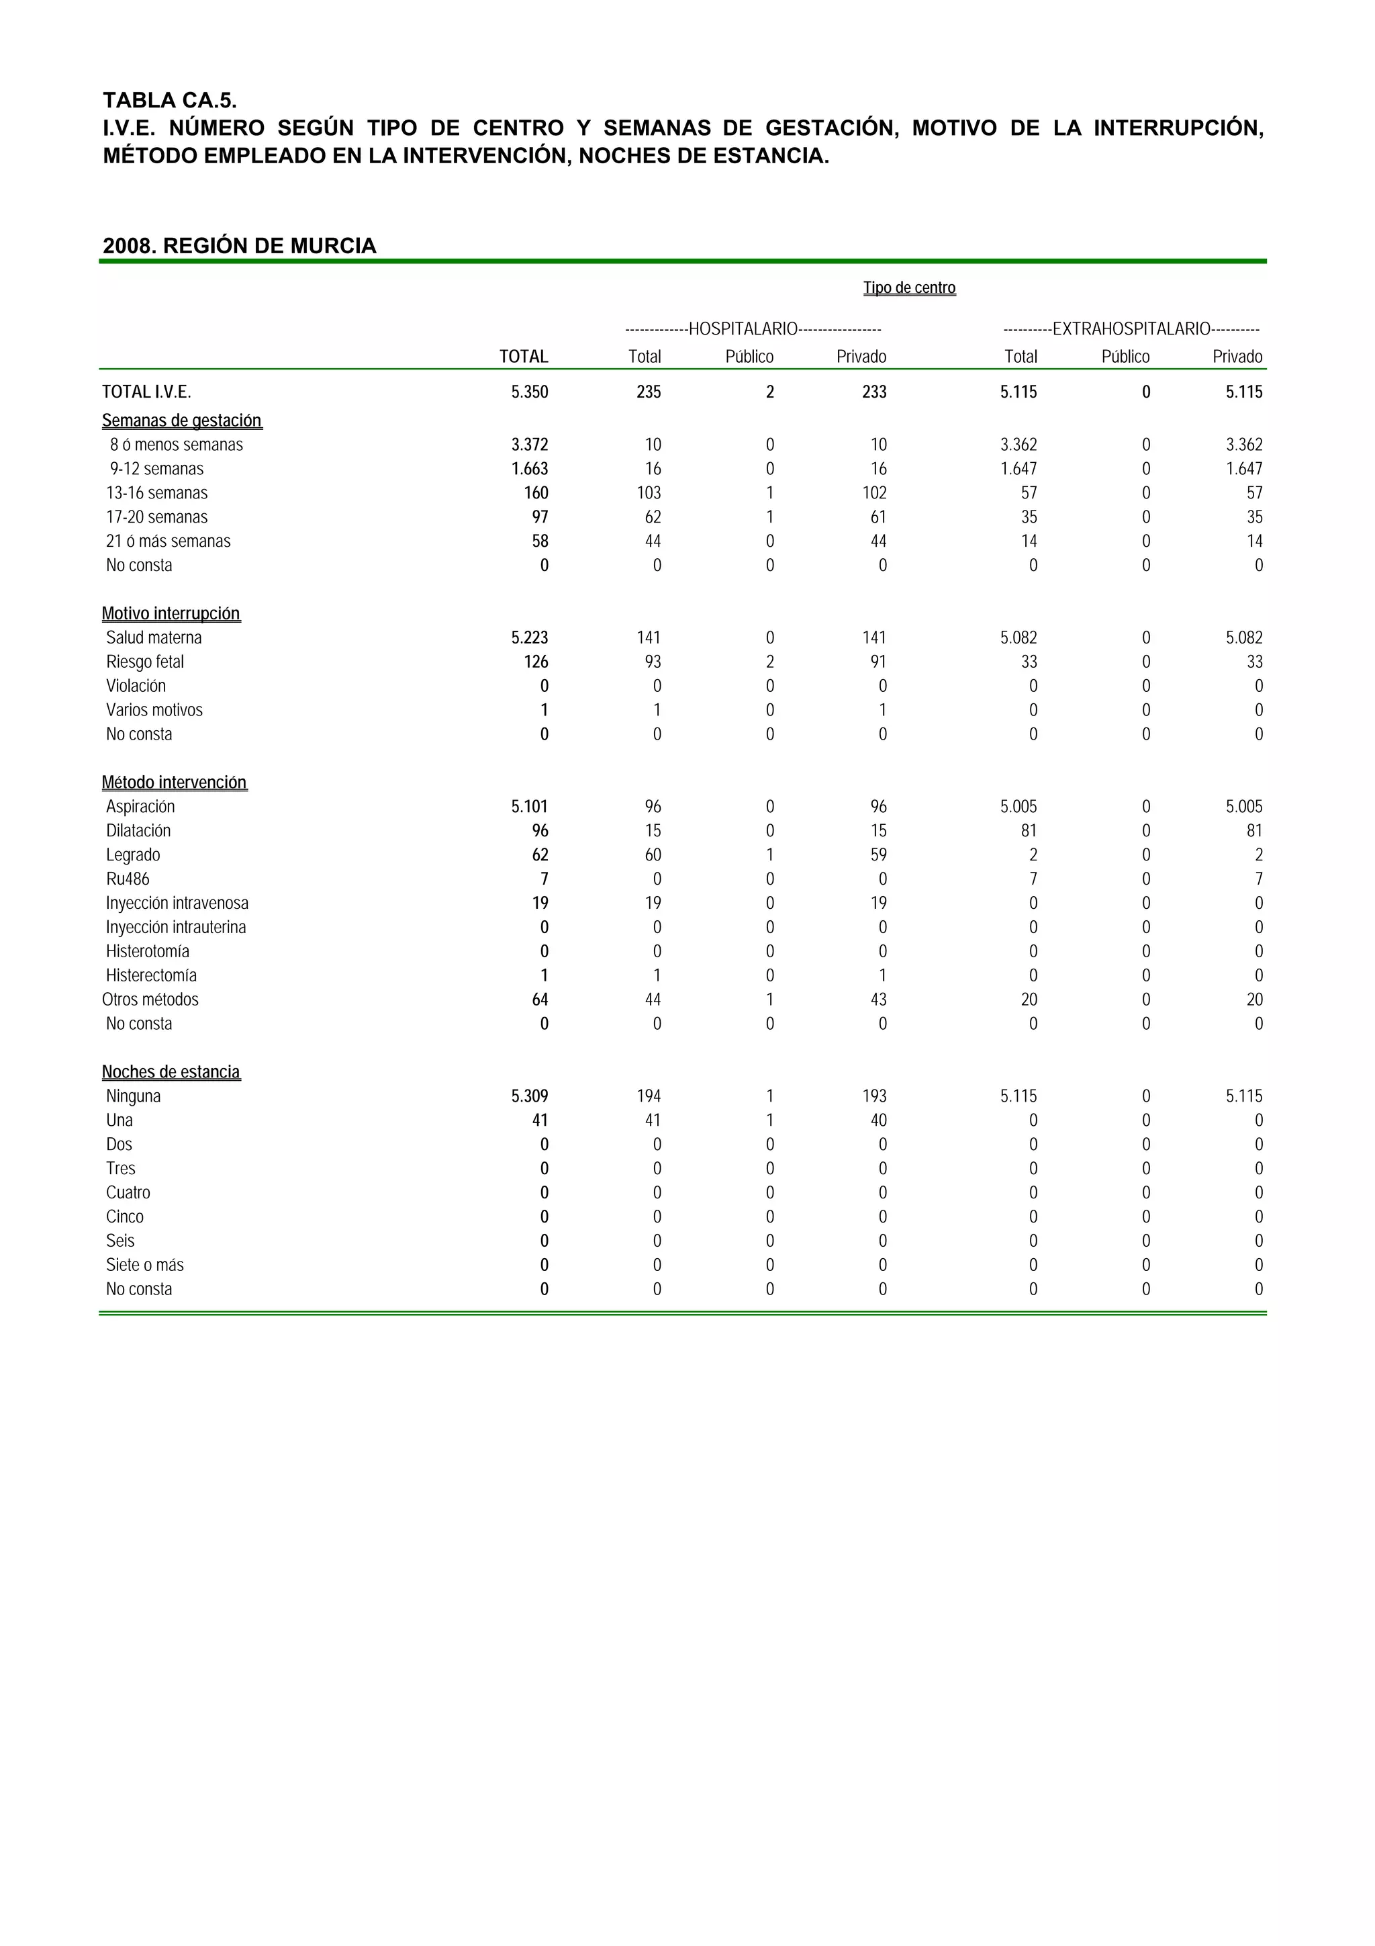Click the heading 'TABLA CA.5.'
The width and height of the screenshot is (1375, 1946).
[x=169, y=100]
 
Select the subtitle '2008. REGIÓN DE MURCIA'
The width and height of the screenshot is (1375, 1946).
[x=239, y=246]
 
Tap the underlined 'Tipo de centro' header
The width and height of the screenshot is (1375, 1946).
[x=909, y=288]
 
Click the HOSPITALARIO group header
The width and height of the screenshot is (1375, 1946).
[x=753, y=329]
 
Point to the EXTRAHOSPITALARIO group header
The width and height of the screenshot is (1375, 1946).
[x=1131, y=329]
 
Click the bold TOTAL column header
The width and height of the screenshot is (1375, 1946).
[x=524, y=357]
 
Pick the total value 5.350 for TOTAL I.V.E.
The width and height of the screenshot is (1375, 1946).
[x=530, y=392]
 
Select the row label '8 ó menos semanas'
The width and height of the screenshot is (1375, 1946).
[x=176, y=445]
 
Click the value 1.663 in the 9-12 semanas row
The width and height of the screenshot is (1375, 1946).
[x=530, y=469]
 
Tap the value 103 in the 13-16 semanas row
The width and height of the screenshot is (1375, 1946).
[x=649, y=493]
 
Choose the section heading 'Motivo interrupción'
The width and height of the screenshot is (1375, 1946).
[x=171, y=614]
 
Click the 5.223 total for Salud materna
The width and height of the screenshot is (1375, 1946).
[x=530, y=637]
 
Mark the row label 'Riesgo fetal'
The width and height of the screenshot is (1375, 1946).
[x=145, y=662]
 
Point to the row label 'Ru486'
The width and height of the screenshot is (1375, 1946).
[x=128, y=879]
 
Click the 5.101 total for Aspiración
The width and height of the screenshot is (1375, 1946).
[x=530, y=807]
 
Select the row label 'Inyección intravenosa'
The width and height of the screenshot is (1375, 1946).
[x=177, y=903]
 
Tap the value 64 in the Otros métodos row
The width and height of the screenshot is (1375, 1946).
[x=540, y=1000]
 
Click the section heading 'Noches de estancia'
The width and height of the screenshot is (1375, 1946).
[x=171, y=1072]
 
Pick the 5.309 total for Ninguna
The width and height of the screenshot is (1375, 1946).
[x=530, y=1097]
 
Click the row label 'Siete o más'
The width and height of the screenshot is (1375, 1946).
[x=145, y=1266]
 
